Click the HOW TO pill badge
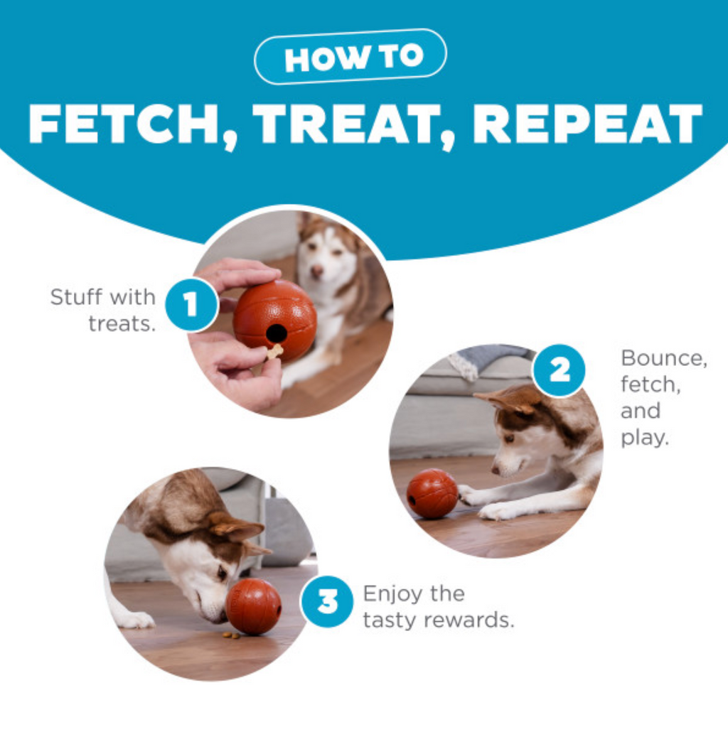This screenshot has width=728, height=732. click(350, 56)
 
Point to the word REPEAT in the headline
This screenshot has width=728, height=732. click(587, 124)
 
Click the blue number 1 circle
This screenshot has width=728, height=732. click(191, 304)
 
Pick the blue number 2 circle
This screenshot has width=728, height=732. click(559, 371)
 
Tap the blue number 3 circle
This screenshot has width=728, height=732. click(327, 601)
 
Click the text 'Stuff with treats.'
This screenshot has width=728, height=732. click(103, 310)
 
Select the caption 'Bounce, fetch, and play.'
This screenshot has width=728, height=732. click(663, 398)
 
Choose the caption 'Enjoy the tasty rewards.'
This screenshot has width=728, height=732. click(439, 607)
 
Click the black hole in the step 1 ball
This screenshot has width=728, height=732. click(276, 333)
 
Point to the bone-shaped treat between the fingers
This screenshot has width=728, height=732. click(275, 351)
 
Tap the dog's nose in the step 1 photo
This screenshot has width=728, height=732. click(317, 271)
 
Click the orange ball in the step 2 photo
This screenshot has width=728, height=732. click(432, 494)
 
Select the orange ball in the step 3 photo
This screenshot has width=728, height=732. click(254, 606)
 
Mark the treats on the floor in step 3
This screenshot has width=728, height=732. click(230, 635)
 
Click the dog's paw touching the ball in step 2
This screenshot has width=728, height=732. click(469, 495)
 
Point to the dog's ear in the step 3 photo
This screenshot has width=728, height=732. click(236, 527)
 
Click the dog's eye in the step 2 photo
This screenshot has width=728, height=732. click(509, 438)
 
